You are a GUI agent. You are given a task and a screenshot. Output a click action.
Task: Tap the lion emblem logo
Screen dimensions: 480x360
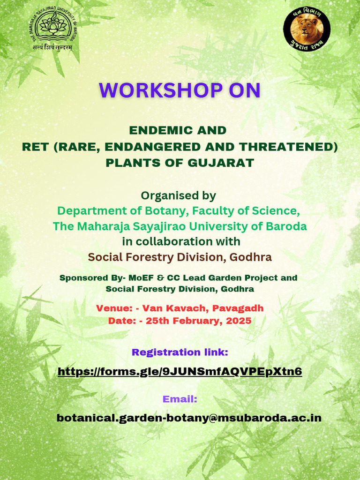(307, 28)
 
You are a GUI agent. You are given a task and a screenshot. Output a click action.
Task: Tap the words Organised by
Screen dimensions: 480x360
(178, 195)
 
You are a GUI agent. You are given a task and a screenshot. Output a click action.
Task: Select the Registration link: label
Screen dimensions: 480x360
(180, 352)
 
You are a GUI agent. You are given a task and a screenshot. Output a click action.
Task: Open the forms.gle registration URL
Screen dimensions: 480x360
(180, 372)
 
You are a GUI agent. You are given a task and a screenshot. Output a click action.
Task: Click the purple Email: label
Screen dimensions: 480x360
(180, 399)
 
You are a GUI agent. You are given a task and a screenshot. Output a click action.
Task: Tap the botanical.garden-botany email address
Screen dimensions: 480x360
(189, 418)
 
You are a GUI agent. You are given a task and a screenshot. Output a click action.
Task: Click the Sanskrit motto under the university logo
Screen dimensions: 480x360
(52, 47)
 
